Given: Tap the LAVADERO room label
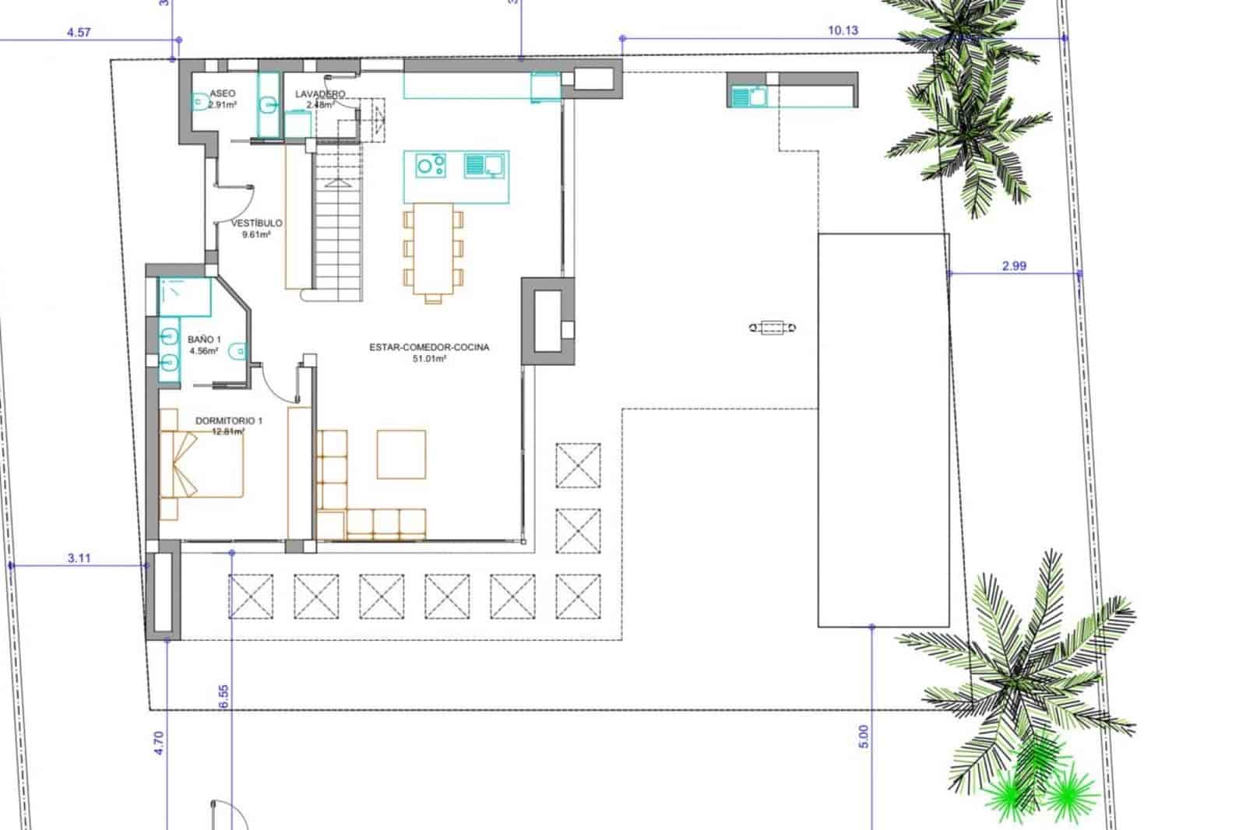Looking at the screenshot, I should (320, 94).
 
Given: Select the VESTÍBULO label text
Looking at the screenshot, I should (257, 223).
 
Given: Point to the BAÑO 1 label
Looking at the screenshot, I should (204, 340).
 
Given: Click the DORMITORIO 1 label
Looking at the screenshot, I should (229, 420).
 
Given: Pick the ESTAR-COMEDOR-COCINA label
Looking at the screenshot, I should (429, 348).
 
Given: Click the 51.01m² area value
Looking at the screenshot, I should (429, 359).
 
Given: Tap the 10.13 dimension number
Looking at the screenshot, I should (843, 31).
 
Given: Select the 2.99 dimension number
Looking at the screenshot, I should (1013, 266).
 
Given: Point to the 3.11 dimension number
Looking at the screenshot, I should (79, 557).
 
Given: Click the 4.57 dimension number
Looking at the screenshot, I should (79, 33).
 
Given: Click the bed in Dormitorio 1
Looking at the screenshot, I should (201, 465).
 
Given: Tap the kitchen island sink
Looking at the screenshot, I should (484, 165).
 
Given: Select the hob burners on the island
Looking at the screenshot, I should (431, 165).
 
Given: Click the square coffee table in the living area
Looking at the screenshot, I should (401, 454).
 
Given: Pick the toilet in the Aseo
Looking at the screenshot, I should (199, 101).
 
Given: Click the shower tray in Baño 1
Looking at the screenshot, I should (185, 297).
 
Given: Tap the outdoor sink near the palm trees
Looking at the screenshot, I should (748, 97).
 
